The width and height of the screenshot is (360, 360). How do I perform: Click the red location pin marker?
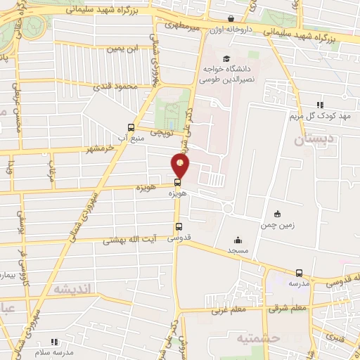tap(181, 165)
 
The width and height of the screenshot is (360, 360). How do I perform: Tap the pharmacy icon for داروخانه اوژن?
tap(231, 19)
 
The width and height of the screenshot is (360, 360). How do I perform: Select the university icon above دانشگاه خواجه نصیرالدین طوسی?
tap(226, 58)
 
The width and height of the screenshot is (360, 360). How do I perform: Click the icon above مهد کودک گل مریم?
tap(321, 104)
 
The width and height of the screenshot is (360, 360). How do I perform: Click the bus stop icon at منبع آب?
tap(130, 127)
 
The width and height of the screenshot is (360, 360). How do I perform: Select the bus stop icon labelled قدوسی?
tap(179, 227)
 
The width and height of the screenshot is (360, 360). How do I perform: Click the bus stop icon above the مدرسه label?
tap(300, 273)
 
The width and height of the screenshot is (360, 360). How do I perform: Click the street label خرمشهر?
tap(98, 149)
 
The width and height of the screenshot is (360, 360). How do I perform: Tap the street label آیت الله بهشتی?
tap(127, 240)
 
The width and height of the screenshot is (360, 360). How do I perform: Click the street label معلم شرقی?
tap(288, 307)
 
